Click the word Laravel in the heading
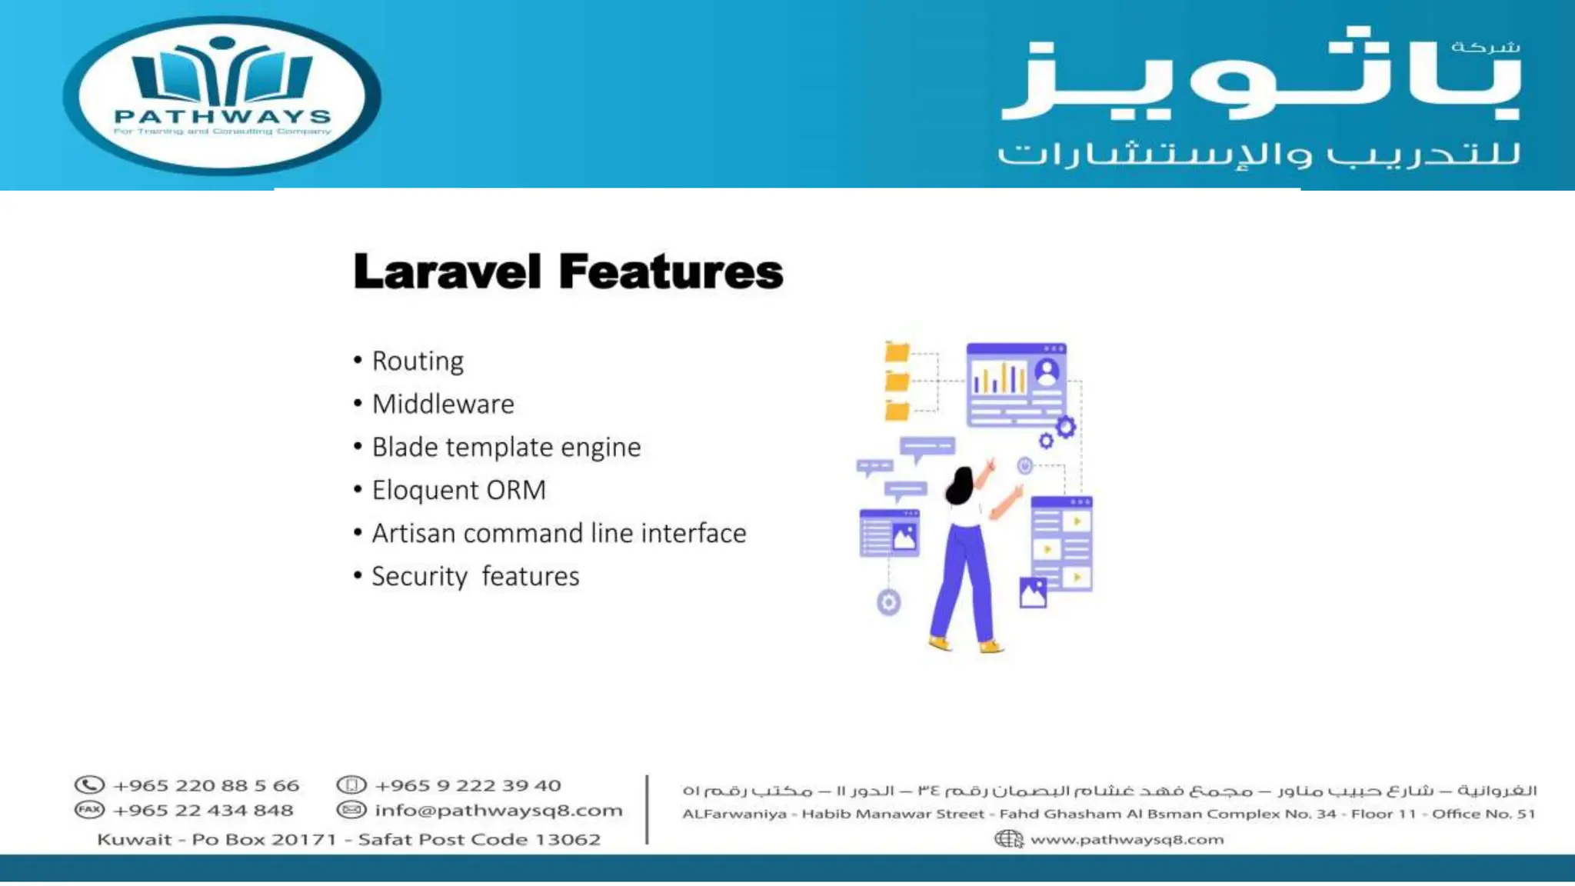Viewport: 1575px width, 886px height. pyautogui.click(x=447, y=272)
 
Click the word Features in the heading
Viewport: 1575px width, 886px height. pyautogui.click(x=671, y=272)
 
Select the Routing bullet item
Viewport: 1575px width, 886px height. pyautogui.click(x=418, y=361)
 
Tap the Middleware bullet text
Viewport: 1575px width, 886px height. pyautogui.click(x=443, y=405)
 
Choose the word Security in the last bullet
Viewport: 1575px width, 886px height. pyautogui.click(x=419, y=577)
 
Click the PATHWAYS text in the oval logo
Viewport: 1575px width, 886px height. pyautogui.click(x=222, y=117)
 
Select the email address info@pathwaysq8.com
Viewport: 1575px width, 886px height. pyautogui.click(x=498, y=811)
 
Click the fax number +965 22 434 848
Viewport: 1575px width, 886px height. pyautogui.click(x=203, y=811)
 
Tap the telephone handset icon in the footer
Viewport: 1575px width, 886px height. pyautogui.click(x=89, y=785)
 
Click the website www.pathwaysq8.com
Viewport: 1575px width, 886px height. pyautogui.click(x=1127, y=840)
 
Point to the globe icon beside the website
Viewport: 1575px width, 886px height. pyautogui.click(x=1008, y=839)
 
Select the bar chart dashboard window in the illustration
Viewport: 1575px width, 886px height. pyautogui.click(x=1016, y=385)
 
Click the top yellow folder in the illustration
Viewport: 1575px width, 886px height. pyautogui.click(x=897, y=352)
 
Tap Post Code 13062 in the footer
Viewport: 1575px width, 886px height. pyautogui.click(x=530, y=840)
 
